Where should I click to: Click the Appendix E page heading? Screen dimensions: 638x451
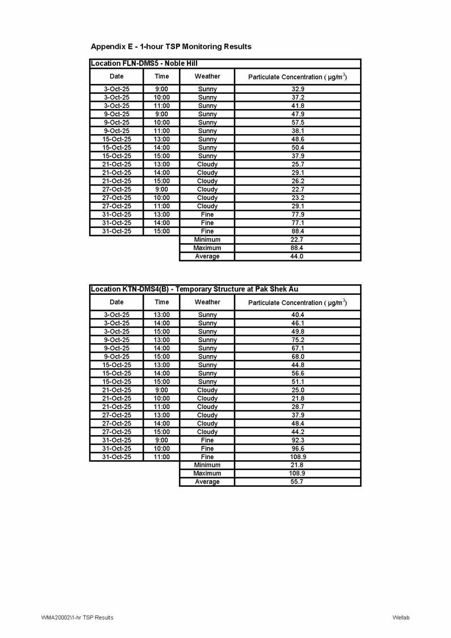point(171,46)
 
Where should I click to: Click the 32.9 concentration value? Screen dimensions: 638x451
point(298,89)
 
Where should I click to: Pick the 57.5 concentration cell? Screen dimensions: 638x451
point(298,123)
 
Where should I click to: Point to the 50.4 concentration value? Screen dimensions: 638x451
point(298,148)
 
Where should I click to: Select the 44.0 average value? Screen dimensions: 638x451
point(298,257)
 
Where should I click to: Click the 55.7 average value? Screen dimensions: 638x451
point(298,482)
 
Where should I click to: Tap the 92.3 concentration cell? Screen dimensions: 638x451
point(298,440)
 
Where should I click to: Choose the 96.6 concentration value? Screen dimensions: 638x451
point(298,449)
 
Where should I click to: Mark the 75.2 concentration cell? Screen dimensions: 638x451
point(298,340)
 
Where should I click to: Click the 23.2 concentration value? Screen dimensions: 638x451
point(298,198)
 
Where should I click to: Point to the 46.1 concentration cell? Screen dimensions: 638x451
point(298,323)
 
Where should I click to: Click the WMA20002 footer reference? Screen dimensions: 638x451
point(77,618)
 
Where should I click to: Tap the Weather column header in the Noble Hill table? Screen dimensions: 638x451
point(207,76)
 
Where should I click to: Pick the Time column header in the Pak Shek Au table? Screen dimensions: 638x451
point(162,302)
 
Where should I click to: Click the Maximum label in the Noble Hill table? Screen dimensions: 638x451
point(207,248)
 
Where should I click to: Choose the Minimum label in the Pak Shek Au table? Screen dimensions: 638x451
point(207,465)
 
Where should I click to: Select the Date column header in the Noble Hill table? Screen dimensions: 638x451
point(116,76)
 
